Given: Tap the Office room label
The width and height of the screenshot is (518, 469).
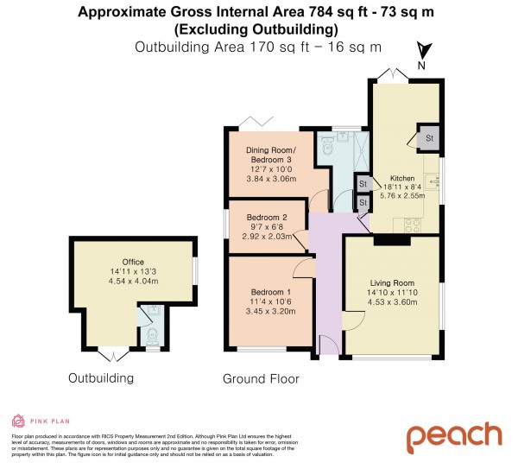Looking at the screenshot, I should click(132, 263).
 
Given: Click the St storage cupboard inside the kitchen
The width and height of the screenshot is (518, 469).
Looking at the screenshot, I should click(428, 138).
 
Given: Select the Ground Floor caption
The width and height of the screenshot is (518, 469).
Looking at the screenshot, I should click(260, 378).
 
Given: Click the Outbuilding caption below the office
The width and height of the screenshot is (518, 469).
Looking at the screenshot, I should click(102, 378).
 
